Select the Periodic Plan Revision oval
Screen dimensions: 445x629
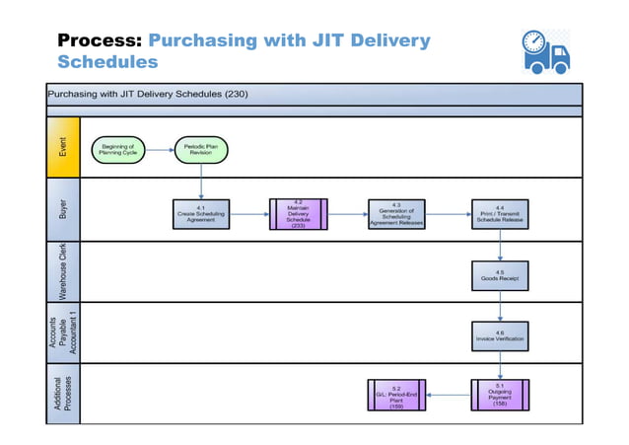(202, 150)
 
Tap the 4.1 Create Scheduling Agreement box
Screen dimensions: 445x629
(201, 213)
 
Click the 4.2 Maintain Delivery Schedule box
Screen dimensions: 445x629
(299, 213)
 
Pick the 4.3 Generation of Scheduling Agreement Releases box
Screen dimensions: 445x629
(396, 213)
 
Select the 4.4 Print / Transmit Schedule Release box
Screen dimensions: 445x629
(500, 213)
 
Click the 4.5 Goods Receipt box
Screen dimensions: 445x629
(500, 275)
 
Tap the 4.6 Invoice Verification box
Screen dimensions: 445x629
(500, 335)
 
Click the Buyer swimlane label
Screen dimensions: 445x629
(63, 209)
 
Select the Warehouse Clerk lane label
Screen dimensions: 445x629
(63, 271)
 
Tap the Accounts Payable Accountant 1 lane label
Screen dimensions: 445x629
(63, 333)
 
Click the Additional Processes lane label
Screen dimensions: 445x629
(63, 394)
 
